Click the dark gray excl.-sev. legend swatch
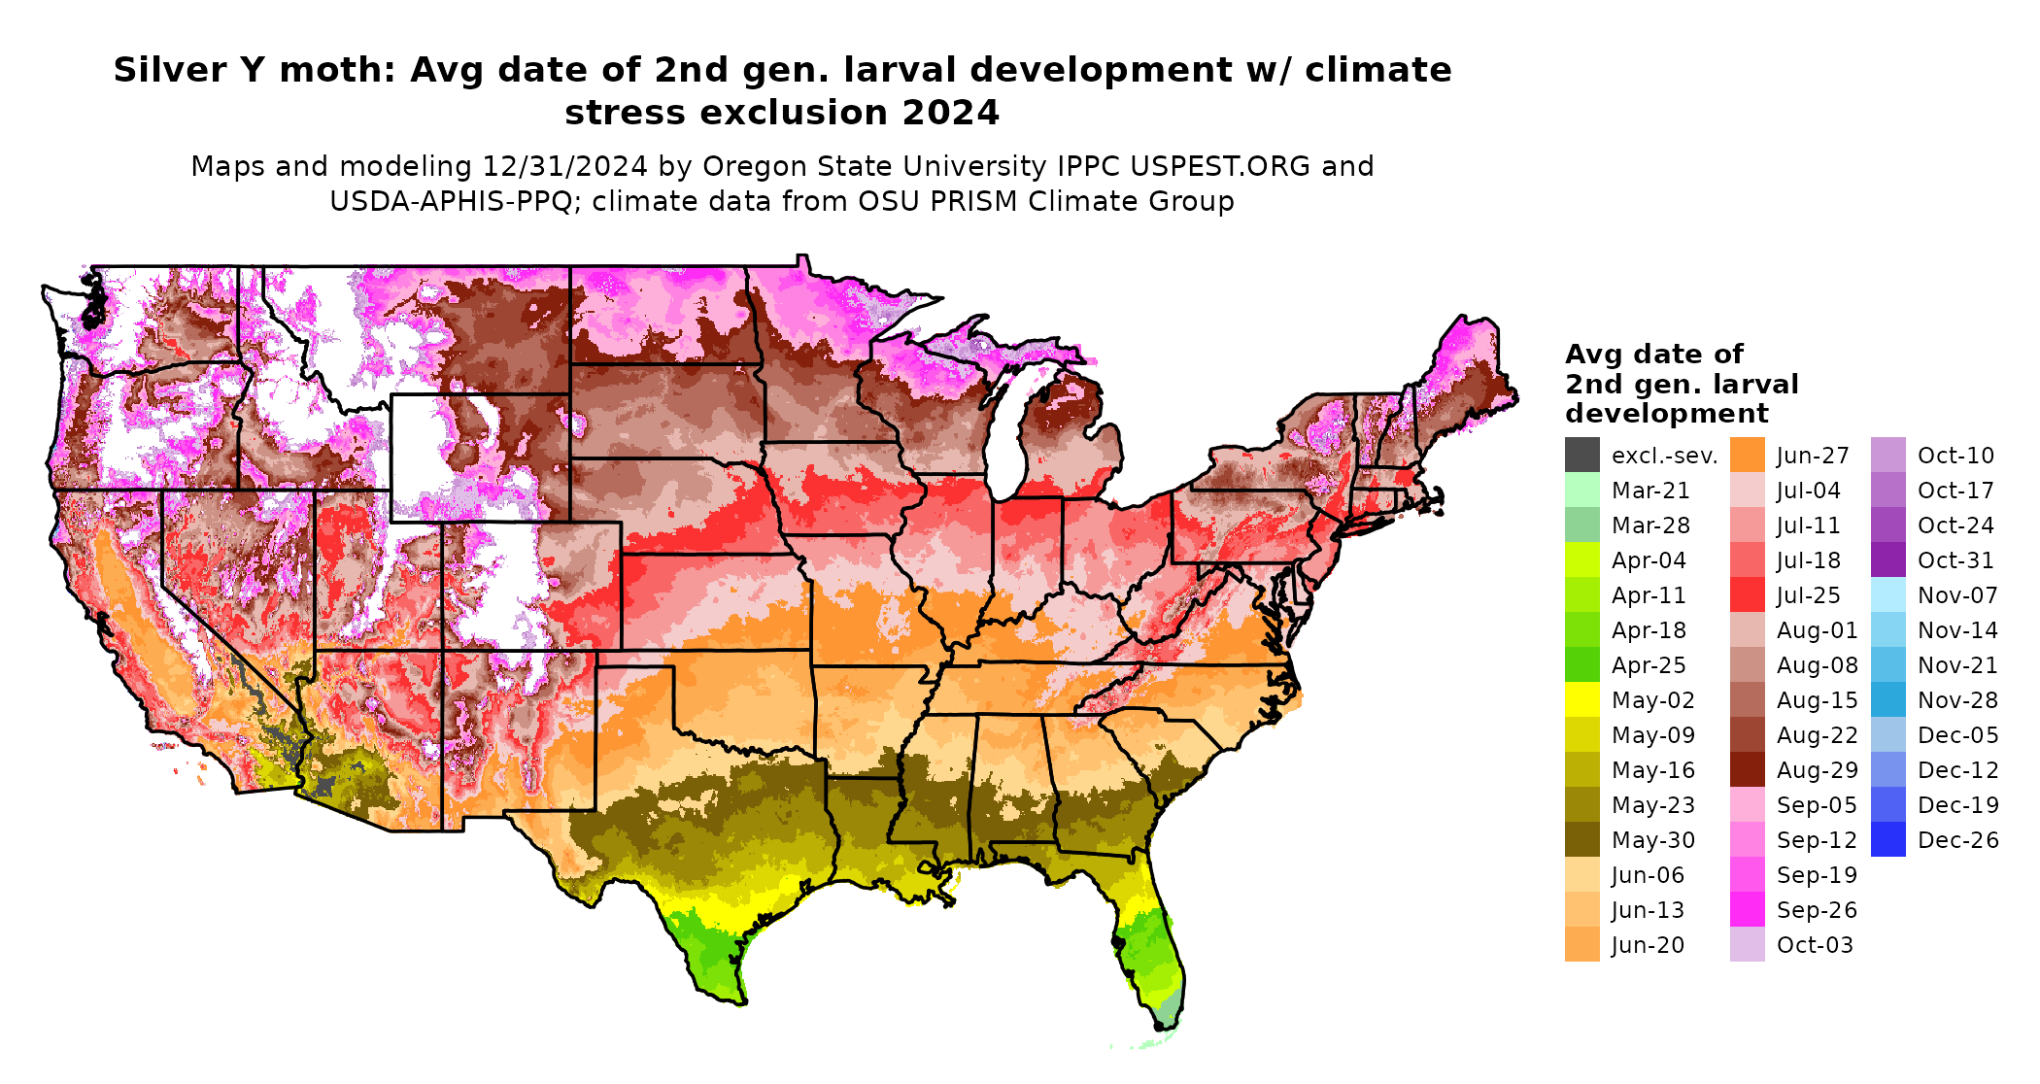tap(1581, 455)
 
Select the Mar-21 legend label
tap(1650, 491)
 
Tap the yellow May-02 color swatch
tap(1581, 699)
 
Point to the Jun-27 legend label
tap(1813, 456)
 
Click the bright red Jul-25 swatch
tap(1747, 594)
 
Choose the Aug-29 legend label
tap(1817, 770)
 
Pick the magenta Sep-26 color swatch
tap(1747, 909)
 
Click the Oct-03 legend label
tap(1815, 945)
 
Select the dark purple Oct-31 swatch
tap(1887, 559)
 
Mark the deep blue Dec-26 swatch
tap(1887, 839)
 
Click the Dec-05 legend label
tap(1957, 735)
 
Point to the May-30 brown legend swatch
tap(1581, 839)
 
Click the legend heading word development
tap(1666, 414)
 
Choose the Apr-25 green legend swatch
tap(1581, 664)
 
